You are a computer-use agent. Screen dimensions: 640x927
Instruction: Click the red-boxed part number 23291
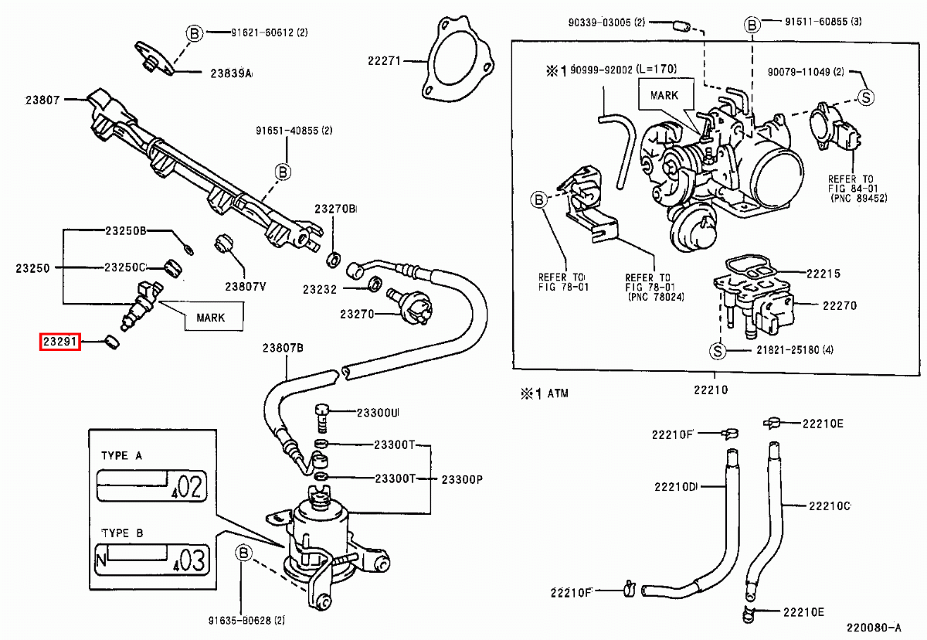point(60,341)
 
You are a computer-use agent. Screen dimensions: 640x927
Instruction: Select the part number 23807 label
point(43,99)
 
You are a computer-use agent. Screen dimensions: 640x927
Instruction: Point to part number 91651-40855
point(294,131)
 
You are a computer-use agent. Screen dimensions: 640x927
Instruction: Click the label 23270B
point(335,209)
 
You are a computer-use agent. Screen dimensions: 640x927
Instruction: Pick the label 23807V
point(246,286)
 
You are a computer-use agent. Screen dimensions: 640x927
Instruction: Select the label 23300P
point(462,479)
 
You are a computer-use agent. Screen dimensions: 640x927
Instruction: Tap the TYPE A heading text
point(122,456)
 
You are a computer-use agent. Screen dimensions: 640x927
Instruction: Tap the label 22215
point(823,274)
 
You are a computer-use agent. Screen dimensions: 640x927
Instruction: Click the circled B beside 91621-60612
point(194,32)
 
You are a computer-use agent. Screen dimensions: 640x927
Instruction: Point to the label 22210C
point(830,506)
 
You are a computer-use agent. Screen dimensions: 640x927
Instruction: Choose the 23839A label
point(232,73)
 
